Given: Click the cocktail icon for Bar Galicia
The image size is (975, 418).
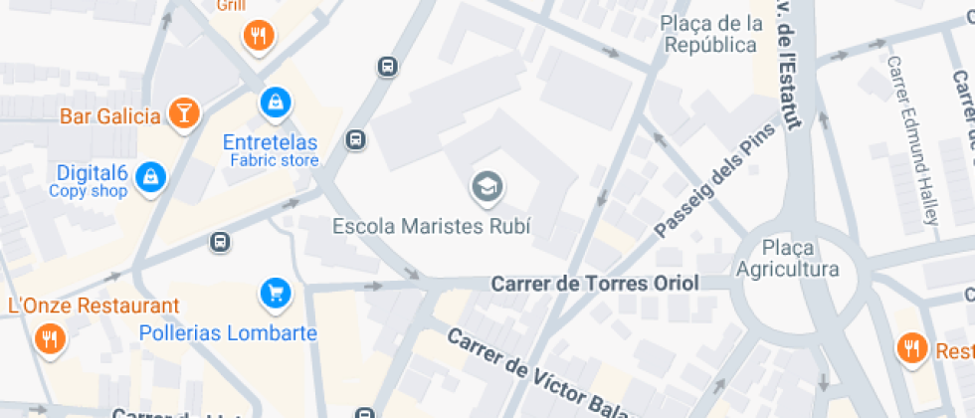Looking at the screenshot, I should click(183, 112).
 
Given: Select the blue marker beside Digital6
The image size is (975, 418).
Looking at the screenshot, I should click(150, 177).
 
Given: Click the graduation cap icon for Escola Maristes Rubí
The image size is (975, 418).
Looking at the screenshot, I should click(487, 185).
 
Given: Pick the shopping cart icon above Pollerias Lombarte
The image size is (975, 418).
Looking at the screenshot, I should click(276, 293).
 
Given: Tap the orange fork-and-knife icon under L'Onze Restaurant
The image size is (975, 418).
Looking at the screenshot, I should click(49, 340).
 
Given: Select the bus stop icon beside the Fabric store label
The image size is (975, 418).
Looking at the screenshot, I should click(355, 140).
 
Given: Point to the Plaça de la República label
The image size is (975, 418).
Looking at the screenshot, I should click(712, 34).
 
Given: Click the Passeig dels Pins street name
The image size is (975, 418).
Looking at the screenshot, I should click(714, 184).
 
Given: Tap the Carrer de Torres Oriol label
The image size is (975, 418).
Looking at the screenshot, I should click(595, 284).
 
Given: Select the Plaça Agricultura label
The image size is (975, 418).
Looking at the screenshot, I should click(787, 258).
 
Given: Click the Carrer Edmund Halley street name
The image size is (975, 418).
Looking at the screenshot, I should click(912, 139).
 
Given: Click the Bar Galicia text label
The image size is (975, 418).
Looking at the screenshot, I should click(109, 116).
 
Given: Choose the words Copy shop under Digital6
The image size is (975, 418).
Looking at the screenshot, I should click(89, 191).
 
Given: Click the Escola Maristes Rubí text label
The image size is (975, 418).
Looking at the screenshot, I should click(431, 226).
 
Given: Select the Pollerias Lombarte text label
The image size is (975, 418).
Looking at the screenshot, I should click(228, 333).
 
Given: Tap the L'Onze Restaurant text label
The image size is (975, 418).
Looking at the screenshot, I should click(94, 306).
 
